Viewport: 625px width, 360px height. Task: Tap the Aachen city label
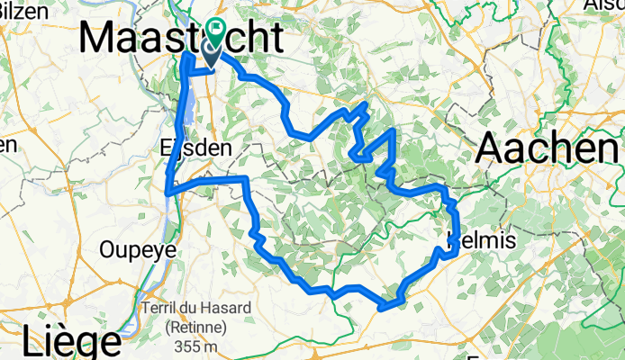[x=549, y=148]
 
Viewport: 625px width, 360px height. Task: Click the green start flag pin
[x=217, y=31]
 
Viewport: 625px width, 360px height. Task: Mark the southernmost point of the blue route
[x=382, y=308]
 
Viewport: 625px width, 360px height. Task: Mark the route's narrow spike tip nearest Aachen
[x=394, y=131]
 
